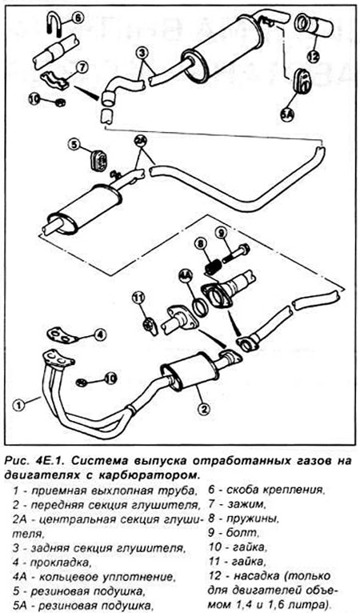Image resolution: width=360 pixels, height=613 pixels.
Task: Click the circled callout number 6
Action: click(x=78, y=18)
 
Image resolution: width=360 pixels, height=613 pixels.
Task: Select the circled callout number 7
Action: click(x=81, y=67)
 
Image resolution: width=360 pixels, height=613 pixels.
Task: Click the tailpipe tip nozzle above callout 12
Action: click(x=313, y=27)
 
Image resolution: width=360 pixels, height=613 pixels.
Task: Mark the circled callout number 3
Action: click(x=142, y=53)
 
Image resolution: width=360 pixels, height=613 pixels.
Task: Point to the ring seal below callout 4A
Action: click(x=200, y=306)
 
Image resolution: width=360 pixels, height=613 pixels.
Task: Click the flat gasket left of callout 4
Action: click(x=62, y=335)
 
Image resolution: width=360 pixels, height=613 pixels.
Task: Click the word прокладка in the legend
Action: click(x=57, y=563)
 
